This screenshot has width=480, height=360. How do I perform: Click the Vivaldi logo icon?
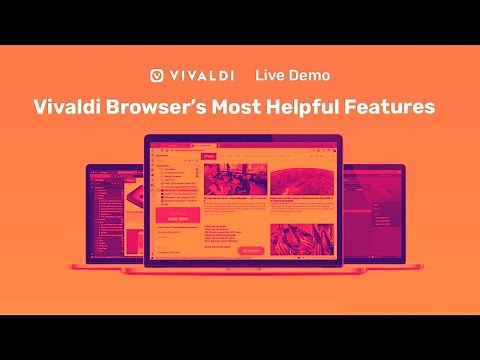point(157,75)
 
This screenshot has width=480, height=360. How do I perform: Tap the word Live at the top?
point(271,75)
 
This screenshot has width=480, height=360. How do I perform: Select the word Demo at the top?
point(309,75)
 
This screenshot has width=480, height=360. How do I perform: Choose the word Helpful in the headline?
point(321,106)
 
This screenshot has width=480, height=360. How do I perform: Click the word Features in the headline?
point(398,106)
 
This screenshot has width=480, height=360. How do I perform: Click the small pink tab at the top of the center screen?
point(209,157)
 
